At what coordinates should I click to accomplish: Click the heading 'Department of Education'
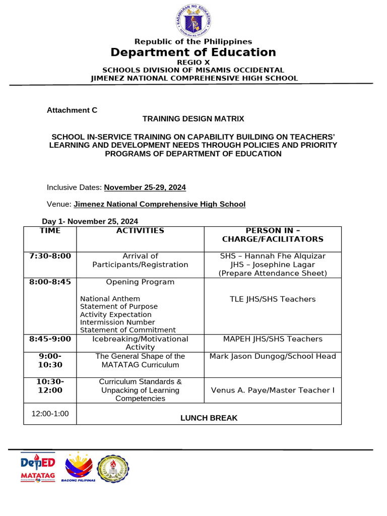pos(193,52)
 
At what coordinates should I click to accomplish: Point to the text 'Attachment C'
pos(72,110)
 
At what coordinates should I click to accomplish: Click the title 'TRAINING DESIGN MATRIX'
pos(193,119)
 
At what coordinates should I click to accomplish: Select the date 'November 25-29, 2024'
pos(145,187)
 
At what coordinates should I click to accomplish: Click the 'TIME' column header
pos(50,231)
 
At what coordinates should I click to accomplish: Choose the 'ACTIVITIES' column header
pos(140,231)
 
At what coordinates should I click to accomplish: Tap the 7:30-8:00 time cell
pos(50,256)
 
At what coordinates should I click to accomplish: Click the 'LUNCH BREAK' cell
pos(209,418)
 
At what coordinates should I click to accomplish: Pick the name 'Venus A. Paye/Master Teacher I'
pos(273,390)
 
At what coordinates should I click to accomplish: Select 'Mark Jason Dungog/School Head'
pos(273,356)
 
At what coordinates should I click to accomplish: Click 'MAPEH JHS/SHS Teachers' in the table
pos(273,339)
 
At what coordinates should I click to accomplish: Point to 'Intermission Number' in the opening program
pos(117,322)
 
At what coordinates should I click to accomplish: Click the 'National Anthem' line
pos(110,299)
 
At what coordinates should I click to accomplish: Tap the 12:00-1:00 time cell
pos(50,414)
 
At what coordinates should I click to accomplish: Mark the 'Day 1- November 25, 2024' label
pos(90,221)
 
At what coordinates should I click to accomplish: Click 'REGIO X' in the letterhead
pos(193,62)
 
